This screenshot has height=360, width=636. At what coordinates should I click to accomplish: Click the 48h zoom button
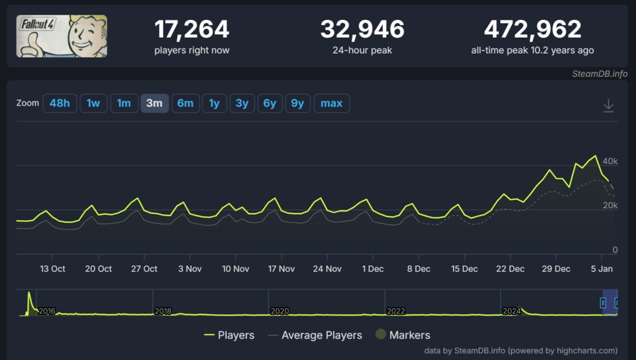[60, 103]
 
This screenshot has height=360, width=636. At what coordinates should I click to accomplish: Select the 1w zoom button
[93, 103]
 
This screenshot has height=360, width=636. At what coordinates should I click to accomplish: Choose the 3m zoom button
[154, 103]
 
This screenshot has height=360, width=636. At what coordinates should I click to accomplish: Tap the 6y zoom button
[270, 103]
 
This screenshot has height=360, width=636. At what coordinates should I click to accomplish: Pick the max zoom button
[331, 103]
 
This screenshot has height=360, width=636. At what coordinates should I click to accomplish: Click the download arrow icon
[608, 105]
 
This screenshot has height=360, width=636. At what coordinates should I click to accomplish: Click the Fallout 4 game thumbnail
[62, 36]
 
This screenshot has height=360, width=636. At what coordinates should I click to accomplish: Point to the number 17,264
[191, 29]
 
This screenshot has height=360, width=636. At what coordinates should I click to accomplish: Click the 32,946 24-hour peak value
[362, 29]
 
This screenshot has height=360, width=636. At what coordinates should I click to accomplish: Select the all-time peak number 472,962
[532, 29]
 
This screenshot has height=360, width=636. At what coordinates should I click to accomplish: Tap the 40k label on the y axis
[609, 161]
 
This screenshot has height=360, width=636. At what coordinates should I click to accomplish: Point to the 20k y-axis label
[609, 206]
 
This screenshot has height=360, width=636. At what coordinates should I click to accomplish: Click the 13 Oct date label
[52, 269]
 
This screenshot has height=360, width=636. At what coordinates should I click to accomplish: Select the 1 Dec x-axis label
[373, 269]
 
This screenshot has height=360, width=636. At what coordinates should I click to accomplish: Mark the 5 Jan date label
[602, 269]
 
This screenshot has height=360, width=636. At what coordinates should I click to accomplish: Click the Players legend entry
[229, 335]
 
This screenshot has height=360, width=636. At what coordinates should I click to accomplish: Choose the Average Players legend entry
[315, 335]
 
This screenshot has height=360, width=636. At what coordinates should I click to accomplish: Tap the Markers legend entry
[403, 335]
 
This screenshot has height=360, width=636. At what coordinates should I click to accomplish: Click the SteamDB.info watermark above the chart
[600, 74]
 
